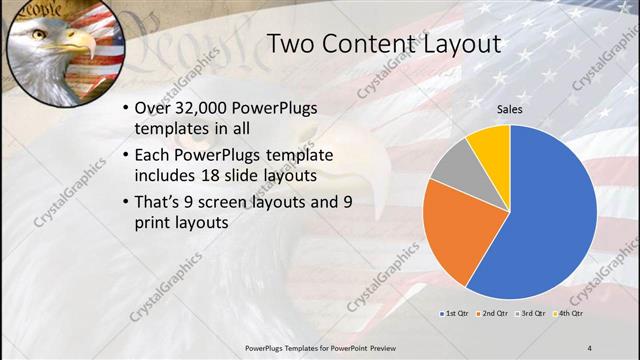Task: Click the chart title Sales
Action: [510, 110]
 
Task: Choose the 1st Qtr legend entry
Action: [457, 314]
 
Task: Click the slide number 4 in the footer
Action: [588, 346]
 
